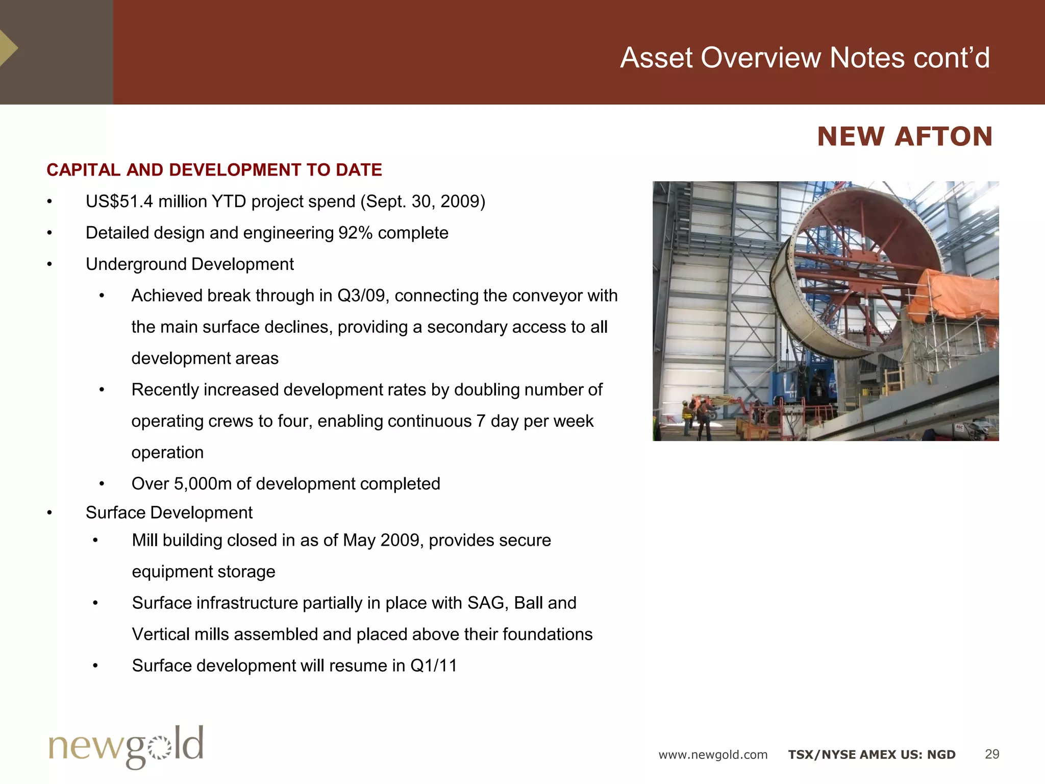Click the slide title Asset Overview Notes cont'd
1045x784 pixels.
(805, 58)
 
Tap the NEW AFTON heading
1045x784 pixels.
(905, 137)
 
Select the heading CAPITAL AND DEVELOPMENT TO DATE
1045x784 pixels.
(214, 170)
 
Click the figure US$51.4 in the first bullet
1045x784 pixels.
(119, 202)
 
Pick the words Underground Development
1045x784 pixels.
(189, 264)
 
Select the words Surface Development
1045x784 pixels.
(169, 512)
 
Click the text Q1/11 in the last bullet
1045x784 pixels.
(433, 666)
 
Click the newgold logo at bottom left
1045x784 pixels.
(126, 746)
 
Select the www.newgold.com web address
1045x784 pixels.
(713, 755)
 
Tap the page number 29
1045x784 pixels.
(991, 754)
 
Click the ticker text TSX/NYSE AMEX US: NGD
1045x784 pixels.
(872, 755)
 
